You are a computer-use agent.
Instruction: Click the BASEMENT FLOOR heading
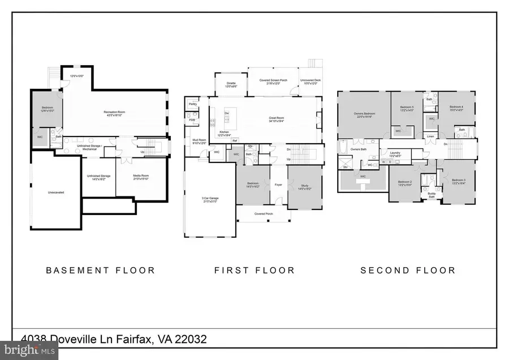pos(101,270)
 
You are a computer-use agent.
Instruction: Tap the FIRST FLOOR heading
pos(255,270)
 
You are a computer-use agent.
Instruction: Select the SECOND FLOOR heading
pos(408,270)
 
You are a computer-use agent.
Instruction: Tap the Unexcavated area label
pos(55,192)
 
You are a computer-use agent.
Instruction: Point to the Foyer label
pos(278,184)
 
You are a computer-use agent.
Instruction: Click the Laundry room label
pos(394,153)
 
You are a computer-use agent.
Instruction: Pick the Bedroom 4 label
pos(456,108)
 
